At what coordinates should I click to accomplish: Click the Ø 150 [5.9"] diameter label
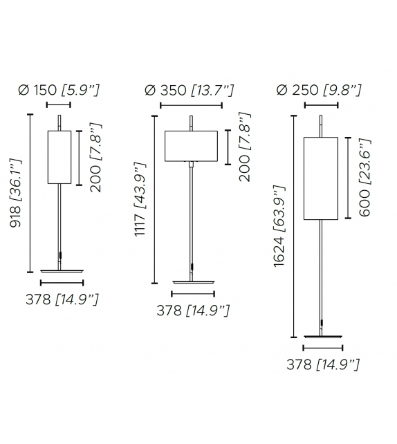(x=59, y=90)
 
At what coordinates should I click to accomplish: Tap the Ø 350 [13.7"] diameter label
(x=189, y=91)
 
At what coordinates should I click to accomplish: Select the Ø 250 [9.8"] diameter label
(x=319, y=90)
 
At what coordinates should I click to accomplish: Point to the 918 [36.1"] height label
(x=16, y=194)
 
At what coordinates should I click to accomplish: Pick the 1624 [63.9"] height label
(x=279, y=226)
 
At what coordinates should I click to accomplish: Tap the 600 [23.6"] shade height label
(x=364, y=178)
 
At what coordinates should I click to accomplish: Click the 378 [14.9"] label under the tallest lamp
(x=323, y=364)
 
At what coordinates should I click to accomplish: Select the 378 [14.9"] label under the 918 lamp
(x=62, y=299)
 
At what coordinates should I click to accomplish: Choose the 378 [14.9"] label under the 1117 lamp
(x=193, y=311)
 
